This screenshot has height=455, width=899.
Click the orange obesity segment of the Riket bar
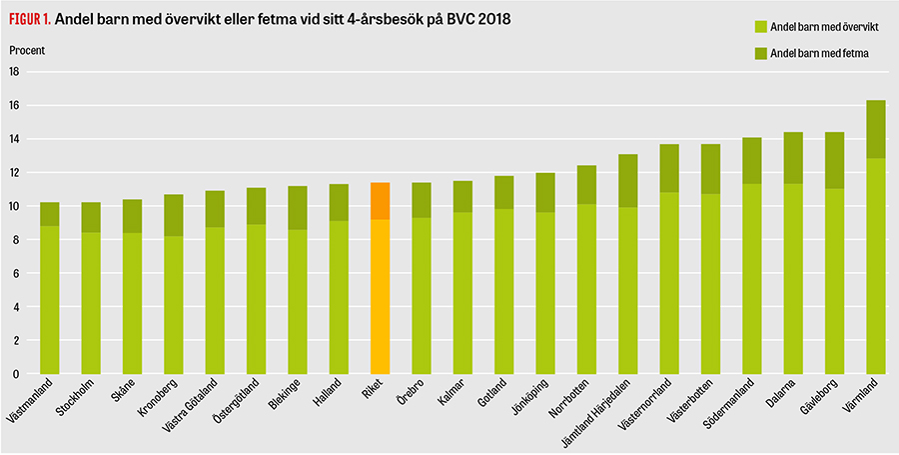pyautogui.click(x=380, y=201)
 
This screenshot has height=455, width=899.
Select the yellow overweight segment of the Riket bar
pyautogui.click(x=380, y=296)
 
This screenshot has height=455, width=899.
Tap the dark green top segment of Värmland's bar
pyautogui.click(x=875, y=129)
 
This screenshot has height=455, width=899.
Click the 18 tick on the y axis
pyautogui.click(x=15, y=72)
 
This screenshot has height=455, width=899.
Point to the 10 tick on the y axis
pyautogui.click(x=15, y=206)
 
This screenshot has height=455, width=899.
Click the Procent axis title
pyautogui.click(x=28, y=49)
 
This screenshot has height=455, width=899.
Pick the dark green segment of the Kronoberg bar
pyautogui.click(x=174, y=215)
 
